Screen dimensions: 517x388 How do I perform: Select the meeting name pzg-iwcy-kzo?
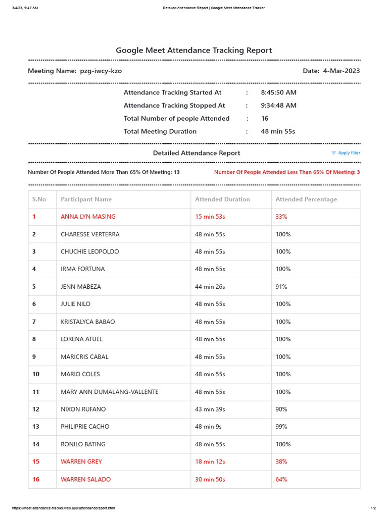click(x=101, y=71)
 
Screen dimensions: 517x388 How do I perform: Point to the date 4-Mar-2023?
click(x=342, y=71)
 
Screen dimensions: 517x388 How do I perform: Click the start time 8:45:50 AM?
click(x=278, y=93)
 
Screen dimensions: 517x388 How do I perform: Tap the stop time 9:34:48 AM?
click(x=278, y=106)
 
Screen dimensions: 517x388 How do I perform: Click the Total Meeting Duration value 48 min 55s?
click(x=278, y=131)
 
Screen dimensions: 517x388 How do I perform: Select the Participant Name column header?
click(x=86, y=199)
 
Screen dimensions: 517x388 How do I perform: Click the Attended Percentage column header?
click(x=306, y=199)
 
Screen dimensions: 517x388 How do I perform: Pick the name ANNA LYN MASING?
click(x=88, y=217)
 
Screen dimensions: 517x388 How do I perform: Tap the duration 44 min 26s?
click(x=210, y=287)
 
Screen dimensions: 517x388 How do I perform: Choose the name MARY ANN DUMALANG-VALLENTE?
click(x=109, y=392)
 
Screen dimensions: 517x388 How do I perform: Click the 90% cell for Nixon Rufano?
click(x=281, y=409)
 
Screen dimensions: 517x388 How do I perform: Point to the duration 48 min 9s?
click(x=208, y=427)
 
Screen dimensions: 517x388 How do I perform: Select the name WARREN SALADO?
click(x=85, y=479)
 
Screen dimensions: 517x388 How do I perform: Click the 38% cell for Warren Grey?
click(x=281, y=461)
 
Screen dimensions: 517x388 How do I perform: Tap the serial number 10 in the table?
click(x=36, y=374)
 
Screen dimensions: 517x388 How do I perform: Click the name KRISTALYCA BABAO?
click(x=87, y=322)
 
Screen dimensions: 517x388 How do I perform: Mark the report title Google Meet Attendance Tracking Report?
click(x=193, y=50)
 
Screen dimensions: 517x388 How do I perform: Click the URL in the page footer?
click(x=60, y=508)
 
